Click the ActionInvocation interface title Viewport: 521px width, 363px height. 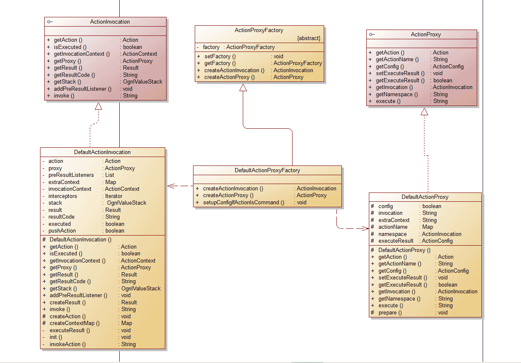coord(110,22)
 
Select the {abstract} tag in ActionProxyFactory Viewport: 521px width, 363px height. coord(309,38)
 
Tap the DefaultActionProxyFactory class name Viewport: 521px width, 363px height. coord(267,170)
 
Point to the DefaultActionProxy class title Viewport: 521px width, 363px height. coord(425,197)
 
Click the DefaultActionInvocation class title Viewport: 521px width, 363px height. coord(102,152)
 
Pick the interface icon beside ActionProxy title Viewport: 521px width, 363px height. coord(372,35)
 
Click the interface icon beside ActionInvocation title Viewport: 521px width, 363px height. coord(50,22)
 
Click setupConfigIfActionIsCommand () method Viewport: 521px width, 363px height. coord(244,202)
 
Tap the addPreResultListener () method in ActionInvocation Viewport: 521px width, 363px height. coord(83,89)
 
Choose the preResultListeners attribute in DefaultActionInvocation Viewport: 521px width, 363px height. coord(71,175)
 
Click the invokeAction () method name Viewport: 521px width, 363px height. coord(67,344)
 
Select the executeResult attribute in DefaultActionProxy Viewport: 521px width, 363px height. coord(396,241)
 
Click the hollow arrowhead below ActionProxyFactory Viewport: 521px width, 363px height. coord(243,87)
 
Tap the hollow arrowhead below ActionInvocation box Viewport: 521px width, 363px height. coord(98,106)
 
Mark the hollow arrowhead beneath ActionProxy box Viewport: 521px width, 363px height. coord(424,111)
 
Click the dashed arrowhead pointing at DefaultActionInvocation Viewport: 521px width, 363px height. coord(171,186)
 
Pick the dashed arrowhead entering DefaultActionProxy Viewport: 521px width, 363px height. coord(365,228)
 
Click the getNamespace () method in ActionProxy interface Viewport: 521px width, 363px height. coord(397,94)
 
